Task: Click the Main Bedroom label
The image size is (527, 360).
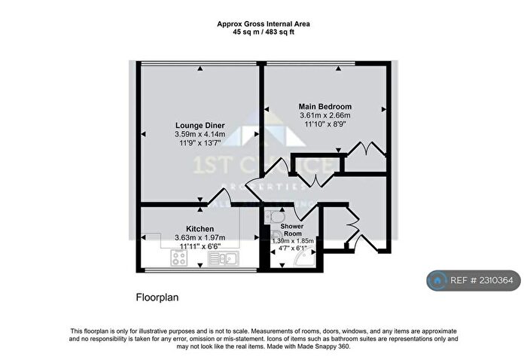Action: tap(324, 107)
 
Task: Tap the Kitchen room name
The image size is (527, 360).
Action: tap(200, 228)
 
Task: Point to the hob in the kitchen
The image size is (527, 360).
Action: tap(179, 258)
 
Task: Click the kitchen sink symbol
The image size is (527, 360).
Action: tap(225, 259)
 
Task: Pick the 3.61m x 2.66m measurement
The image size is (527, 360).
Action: tap(324, 116)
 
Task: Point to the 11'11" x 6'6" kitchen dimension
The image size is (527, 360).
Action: tap(200, 246)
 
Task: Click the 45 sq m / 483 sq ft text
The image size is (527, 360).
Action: tap(263, 33)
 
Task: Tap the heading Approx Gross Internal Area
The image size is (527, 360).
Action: tap(263, 24)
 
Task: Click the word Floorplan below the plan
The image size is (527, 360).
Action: tap(157, 297)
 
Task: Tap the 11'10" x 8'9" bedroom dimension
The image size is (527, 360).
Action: tap(324, 125)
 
